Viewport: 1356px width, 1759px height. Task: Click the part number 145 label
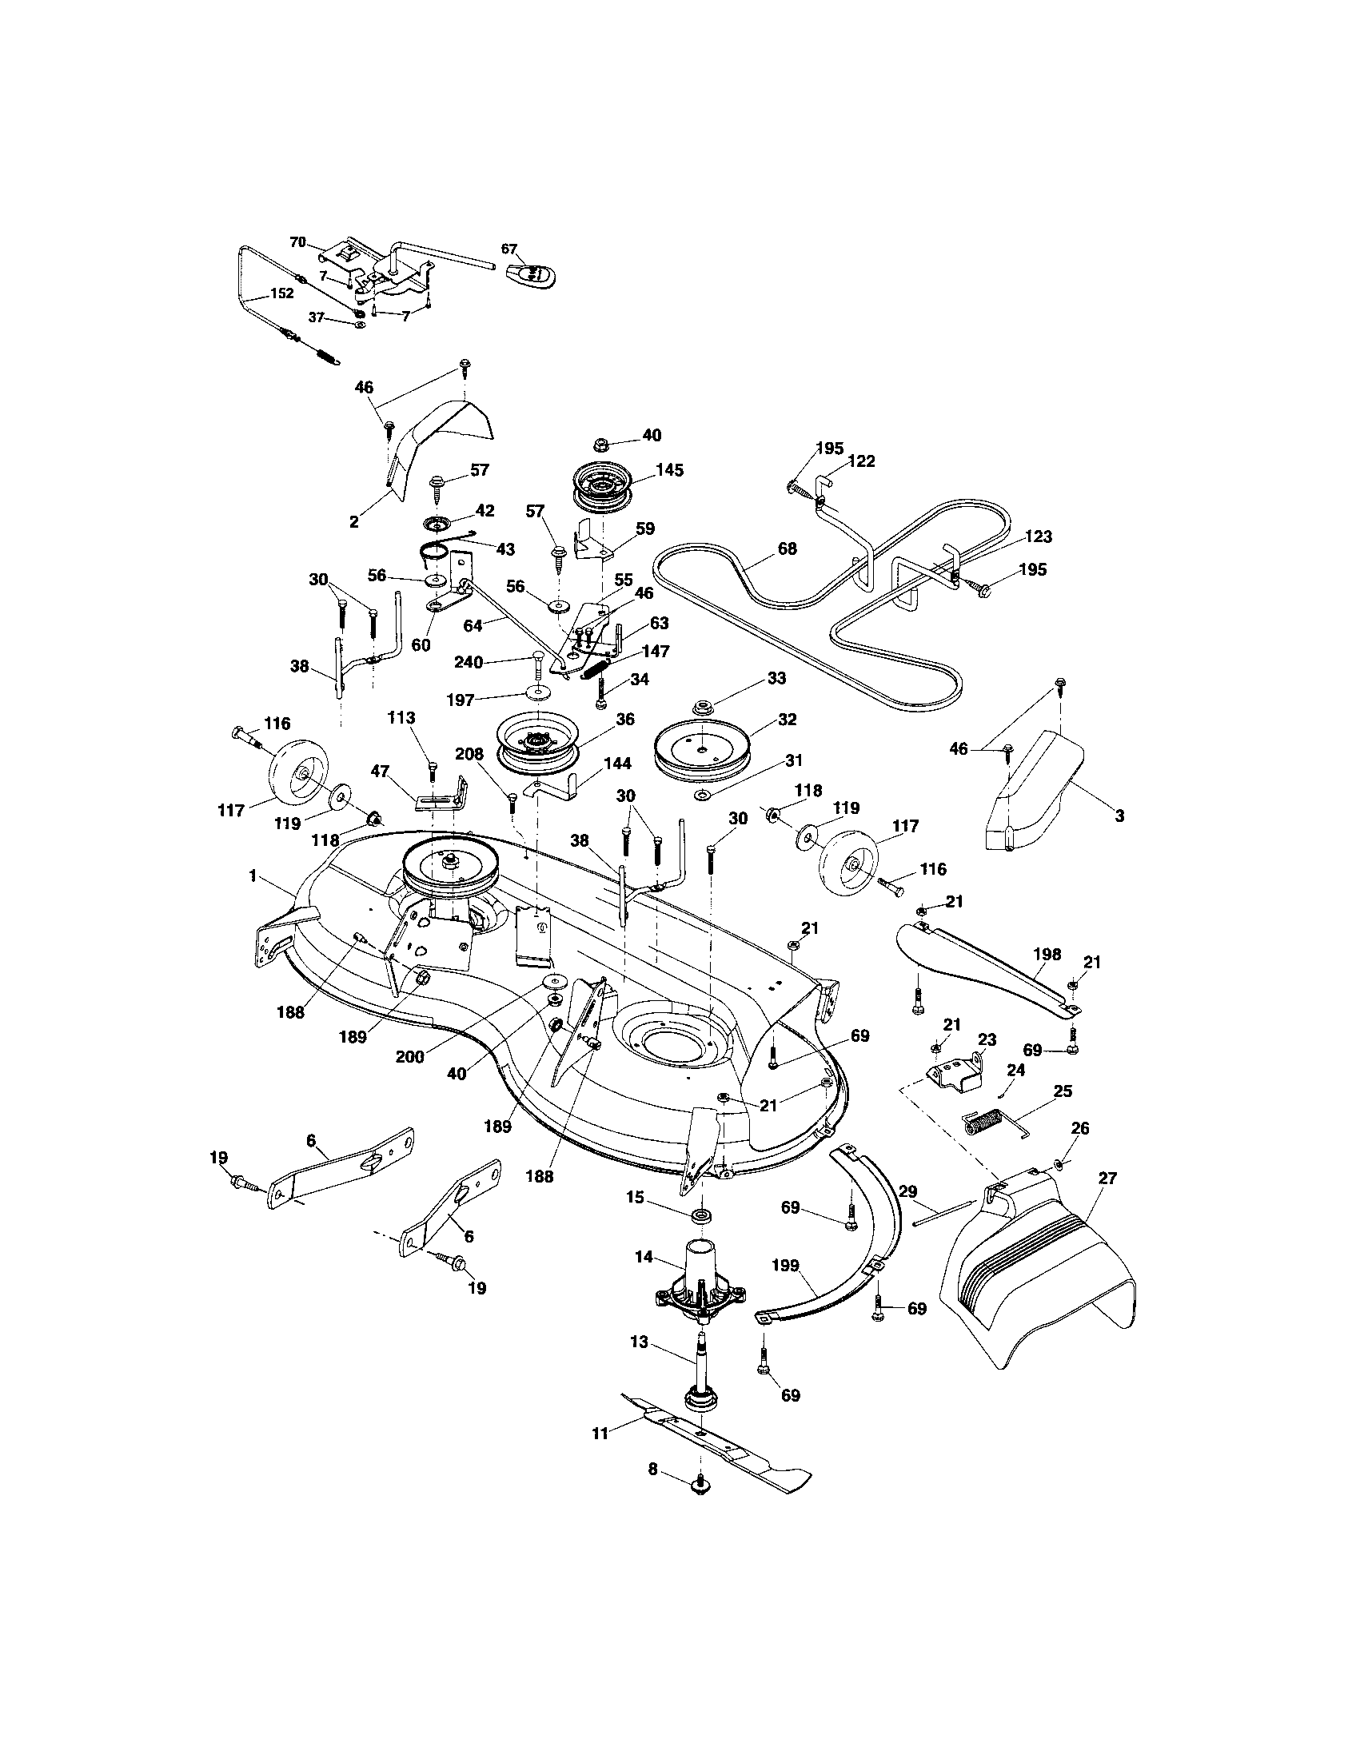[670, 470]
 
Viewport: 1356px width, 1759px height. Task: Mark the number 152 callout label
[281, 294]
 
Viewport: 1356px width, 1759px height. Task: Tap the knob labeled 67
[532, 274]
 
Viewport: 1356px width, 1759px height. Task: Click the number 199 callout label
[785, 1266]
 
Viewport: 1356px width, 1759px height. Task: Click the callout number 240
[469, 662]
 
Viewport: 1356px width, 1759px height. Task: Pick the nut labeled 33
[705, 708]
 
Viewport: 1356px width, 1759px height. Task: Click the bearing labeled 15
[702, 1214]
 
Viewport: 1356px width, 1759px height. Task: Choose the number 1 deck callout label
[253, 876]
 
